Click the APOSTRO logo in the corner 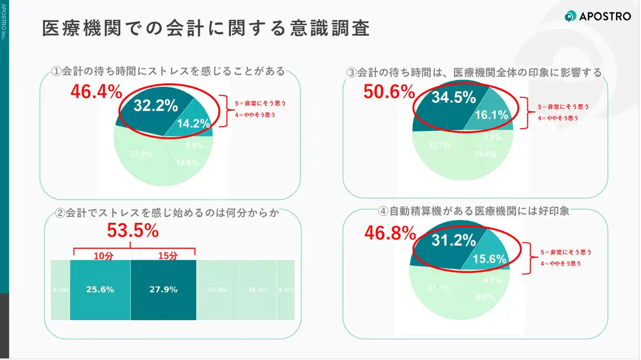597,16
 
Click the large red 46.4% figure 96,92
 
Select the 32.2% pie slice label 156,106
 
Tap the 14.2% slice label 193,124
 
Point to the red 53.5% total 133,231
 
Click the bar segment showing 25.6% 100,289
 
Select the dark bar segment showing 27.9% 163,289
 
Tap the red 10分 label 104,255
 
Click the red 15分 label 168,255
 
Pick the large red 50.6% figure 389,92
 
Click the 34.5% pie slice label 454,98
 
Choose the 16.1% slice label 491,115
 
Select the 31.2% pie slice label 454,241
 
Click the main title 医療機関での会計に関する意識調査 206,29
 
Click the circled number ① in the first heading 57,71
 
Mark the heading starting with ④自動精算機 474,211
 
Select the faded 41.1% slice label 439,288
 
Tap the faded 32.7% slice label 439,146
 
